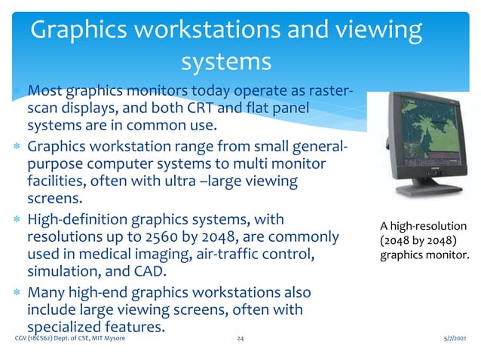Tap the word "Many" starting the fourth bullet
click(47, 291)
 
